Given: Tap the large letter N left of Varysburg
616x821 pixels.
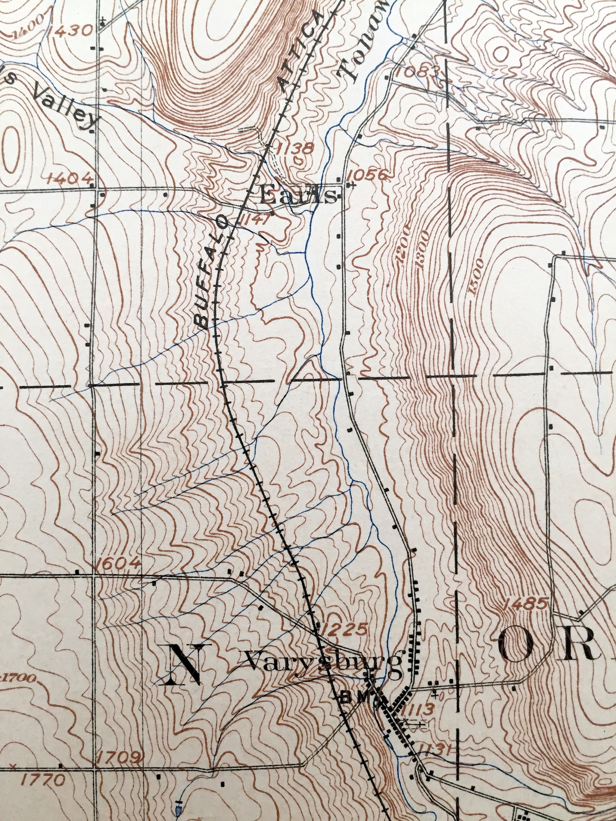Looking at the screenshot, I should pos(185,664).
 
